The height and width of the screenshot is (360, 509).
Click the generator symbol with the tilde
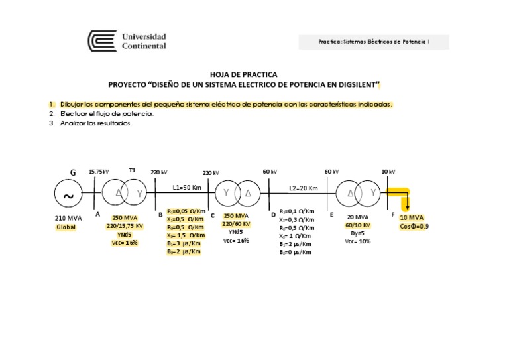[68, 194]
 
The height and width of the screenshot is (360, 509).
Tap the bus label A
[97, 214]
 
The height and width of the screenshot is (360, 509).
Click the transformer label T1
[133, 170]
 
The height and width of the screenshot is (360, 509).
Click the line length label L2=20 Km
[304, 188]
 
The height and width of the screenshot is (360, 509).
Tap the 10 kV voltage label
[388, 172]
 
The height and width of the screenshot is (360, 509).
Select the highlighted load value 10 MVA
[412, 218]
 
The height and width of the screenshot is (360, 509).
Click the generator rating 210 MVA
[68, 218]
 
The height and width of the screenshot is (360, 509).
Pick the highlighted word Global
[66, 227]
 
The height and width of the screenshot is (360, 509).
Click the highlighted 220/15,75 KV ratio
[125, 226]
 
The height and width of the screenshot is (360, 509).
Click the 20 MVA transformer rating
[358, 217]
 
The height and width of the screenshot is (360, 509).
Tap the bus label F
[393, 215]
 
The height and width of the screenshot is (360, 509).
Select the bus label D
[272, 215]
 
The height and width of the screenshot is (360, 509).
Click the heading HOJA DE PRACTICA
[243, 74]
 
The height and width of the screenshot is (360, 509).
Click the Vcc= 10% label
[358, 241]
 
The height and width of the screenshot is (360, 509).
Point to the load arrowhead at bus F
[406, 206]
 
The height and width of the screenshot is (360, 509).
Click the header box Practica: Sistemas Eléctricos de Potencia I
[373, 42]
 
